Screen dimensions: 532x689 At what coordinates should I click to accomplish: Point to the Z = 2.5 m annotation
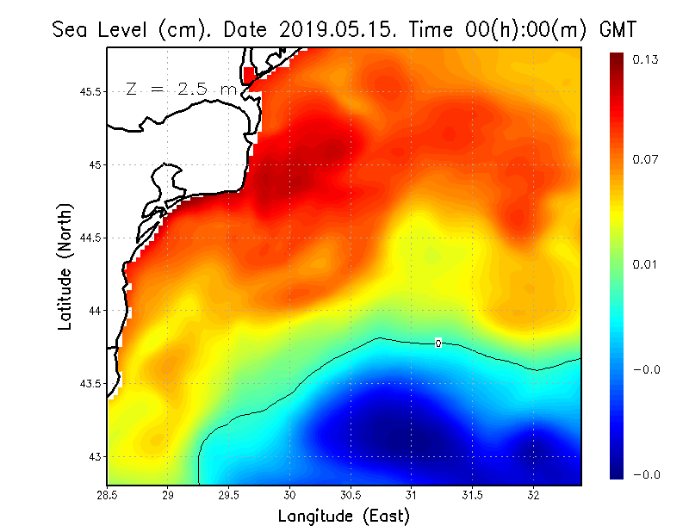(181, 89)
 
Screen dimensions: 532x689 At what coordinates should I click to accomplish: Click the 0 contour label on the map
(438, 343)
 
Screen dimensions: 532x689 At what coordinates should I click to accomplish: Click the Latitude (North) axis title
(65, 266)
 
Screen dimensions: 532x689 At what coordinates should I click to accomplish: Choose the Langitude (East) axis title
(344, 516)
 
